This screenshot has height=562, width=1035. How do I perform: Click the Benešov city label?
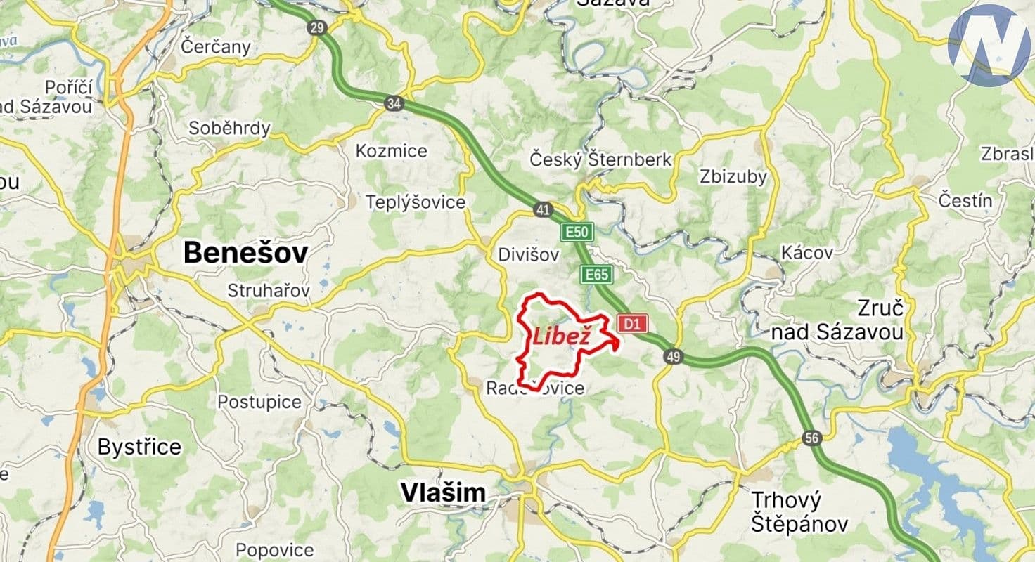[x=245, y=253]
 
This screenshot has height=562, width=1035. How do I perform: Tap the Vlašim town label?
[x=443, y=493]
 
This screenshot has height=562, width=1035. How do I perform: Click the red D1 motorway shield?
[x=631, y=324]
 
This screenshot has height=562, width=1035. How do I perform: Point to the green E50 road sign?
[x=577, y=231]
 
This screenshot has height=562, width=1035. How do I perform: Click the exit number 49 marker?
[x=673, y=358]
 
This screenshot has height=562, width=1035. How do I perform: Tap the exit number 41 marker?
[x=542, y=209]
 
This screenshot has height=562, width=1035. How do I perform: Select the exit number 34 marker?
[x=394, y=104]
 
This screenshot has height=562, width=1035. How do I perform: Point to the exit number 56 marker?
[x=811, y=439]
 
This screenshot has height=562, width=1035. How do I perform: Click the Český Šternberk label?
[x=600, y=160]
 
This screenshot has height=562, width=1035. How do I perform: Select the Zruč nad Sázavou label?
[x=837, y=320]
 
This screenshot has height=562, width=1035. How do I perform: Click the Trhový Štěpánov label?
[x=799, y=512]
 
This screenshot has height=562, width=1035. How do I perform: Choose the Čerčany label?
[x=215, y=47]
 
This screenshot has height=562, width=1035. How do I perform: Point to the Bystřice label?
[x=139, y=447]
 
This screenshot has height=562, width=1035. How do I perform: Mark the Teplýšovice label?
[x=415, y=202]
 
